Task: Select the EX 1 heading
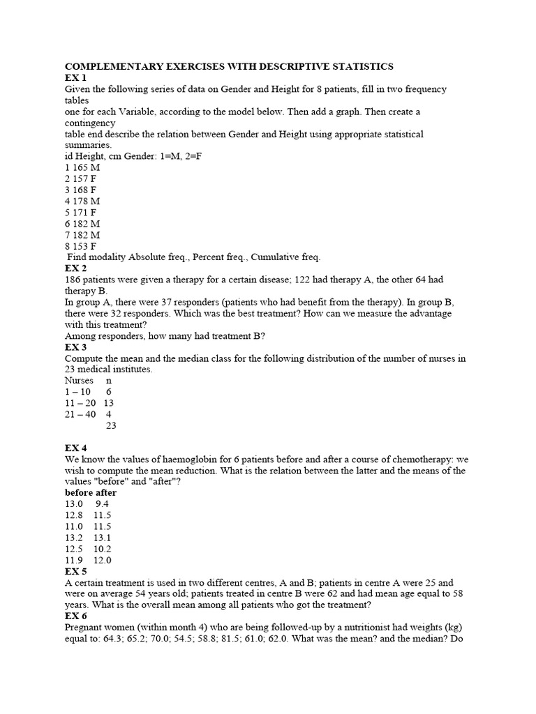tap(75, 78)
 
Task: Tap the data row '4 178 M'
tap(83, 201)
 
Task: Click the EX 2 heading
tap(75, 268)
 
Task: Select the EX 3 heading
tap(75, 347)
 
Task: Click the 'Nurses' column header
tap(79, 381)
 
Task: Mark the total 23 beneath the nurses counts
tap(110, 425)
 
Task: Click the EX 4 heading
tap(75, 448)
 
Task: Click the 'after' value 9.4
tap(103, 504)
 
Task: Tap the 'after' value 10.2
tap(103, 549)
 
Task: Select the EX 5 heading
tap(75, 571)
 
